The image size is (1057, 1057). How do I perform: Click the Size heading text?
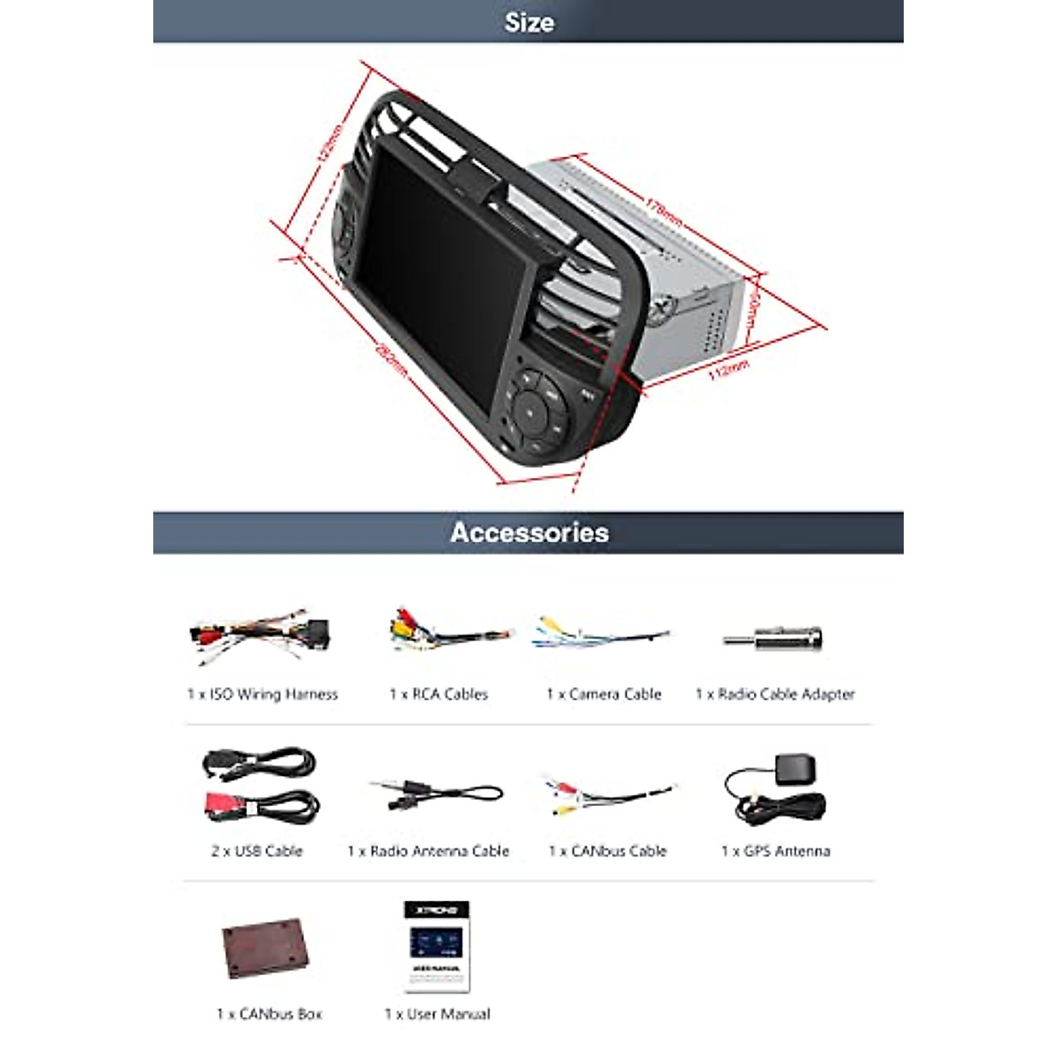[x=528, y=22]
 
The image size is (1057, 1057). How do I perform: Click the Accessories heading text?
[x=528, y=533]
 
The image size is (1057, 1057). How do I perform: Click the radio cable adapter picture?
[x=773, y=638]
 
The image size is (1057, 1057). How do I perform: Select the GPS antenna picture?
[x=774, y=790]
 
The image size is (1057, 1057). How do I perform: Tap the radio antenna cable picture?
[x=435, y=795]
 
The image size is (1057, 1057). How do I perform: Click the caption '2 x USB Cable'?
[x=256, y=851]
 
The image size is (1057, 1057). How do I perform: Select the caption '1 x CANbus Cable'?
[x=607, y=851]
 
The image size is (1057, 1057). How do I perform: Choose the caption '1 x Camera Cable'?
[x=603, y=694]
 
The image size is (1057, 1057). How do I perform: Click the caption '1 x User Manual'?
[x=437, y=1014]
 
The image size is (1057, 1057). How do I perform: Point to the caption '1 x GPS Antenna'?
[x=775, y=851]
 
